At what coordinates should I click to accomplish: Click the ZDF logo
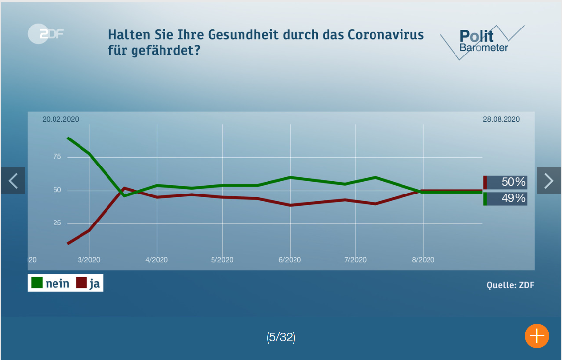click(46, 34)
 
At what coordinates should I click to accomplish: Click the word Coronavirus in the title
click(386, 35)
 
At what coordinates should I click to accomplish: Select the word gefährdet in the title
click(165, 50)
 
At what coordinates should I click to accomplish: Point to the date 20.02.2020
click(60, 119)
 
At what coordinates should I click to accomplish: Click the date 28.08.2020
click(501, 119)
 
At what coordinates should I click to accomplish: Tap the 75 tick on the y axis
click(57, 157)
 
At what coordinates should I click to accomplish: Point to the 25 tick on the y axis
click(57, 223)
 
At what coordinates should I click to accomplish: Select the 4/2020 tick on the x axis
click(157, 260)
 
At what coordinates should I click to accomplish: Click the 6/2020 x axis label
click(290, 260)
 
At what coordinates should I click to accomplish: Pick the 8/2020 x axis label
click(423, 260)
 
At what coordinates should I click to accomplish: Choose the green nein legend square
click(37, 283)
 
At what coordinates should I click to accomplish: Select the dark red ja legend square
click(81, 283)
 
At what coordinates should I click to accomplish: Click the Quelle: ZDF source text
click(510, 285)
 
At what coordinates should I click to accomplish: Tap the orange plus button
click(536, 336)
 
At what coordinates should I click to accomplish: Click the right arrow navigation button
click(549, 181)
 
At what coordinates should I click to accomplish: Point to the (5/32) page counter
click(281, 337)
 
